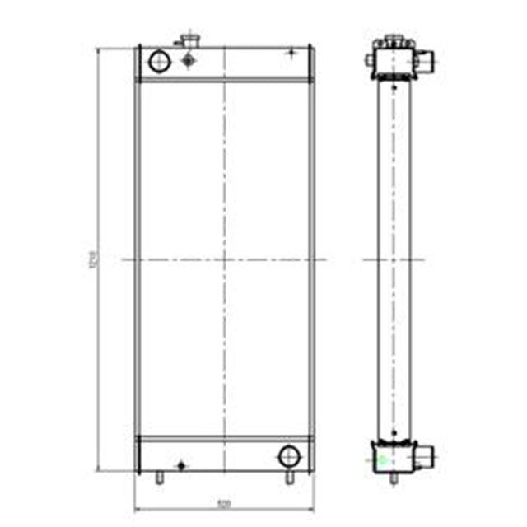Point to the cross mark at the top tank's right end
point(290,53)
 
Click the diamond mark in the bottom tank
point(181,466)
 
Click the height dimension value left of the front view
point(93,259)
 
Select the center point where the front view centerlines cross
point(224,259)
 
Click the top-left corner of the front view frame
point(136,47)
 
